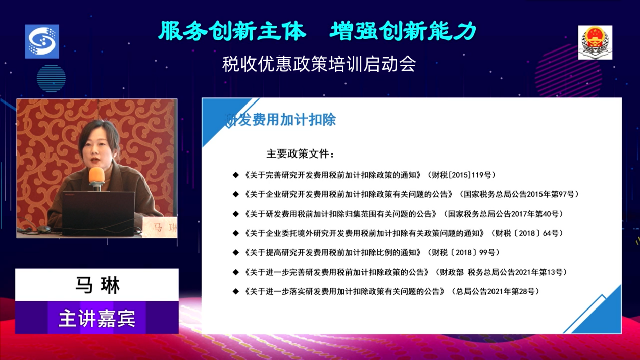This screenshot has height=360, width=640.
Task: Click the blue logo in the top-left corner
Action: coord(42,41)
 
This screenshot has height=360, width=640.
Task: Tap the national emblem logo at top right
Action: coord(595,42)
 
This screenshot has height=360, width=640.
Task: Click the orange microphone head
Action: coord(96,175)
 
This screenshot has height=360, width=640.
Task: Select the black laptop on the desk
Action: coord(98,214)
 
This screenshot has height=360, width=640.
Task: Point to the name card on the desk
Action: coord(160,227)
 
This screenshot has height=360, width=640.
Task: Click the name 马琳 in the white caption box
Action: coord(97,285)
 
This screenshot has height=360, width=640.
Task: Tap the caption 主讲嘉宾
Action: coord(97,318)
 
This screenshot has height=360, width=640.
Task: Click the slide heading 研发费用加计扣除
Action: coord(280,119)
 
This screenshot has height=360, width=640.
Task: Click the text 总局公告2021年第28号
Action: coord(495,291)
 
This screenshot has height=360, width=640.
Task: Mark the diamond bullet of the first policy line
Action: coord(236,175)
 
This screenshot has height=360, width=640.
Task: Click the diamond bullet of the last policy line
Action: coord(236,291)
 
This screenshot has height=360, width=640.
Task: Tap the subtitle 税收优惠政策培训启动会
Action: coord(319,64)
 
